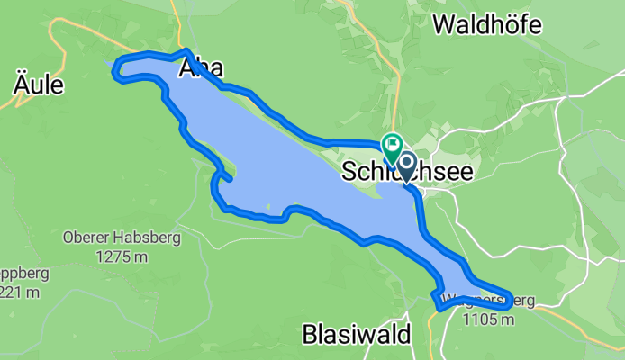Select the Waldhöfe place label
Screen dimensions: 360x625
[x=487, y=24]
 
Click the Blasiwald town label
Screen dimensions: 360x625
[x=357, y=335]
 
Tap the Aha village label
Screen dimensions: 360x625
[x=202, y=68]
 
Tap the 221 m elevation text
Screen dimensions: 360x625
[x=20, y=292]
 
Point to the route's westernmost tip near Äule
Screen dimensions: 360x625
[x=114, y=75]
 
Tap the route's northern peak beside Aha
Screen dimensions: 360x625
[x=185, y=51]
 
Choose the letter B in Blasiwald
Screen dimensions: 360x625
[x=309, y=335]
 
